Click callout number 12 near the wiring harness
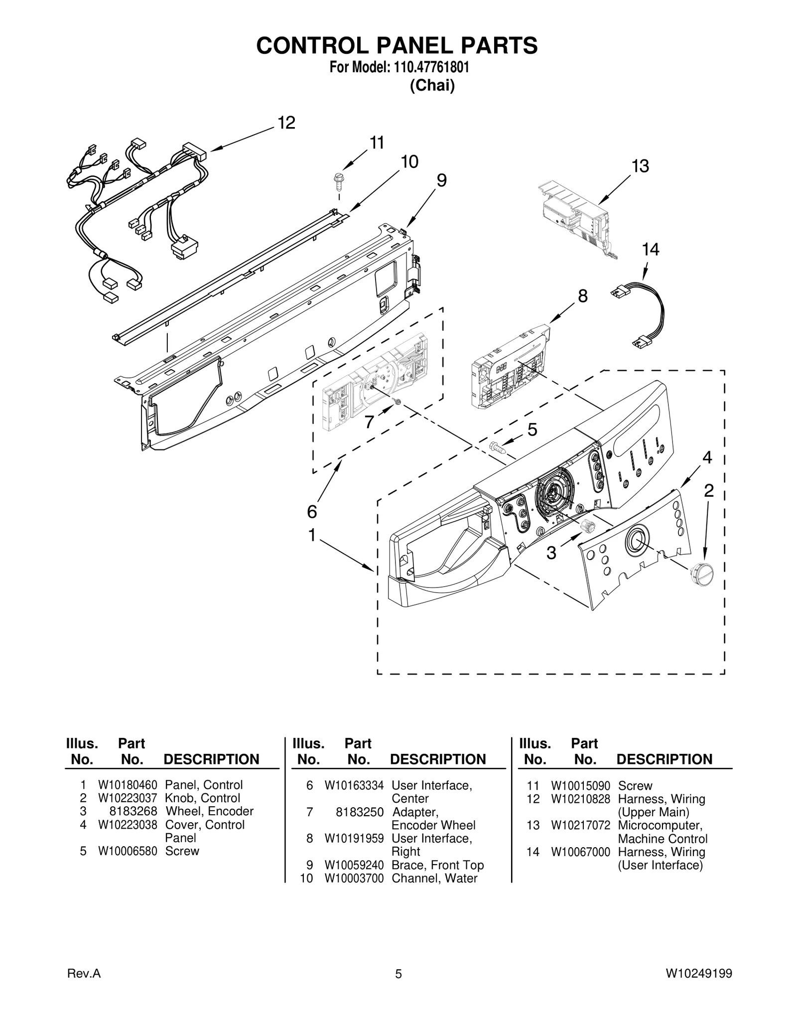pos(286,123)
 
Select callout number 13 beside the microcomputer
pos(640,166)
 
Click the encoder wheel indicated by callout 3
pos(588,526)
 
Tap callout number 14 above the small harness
pos(650,249)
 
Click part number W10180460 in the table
pos(128,785)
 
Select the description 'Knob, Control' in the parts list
pos(202,798)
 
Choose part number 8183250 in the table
pos(359,812)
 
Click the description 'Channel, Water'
pos(434,878)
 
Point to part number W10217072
pos(580,825)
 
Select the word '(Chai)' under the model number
pos(432,86)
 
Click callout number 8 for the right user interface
pos(582,296)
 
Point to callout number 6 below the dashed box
pos(312,511)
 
